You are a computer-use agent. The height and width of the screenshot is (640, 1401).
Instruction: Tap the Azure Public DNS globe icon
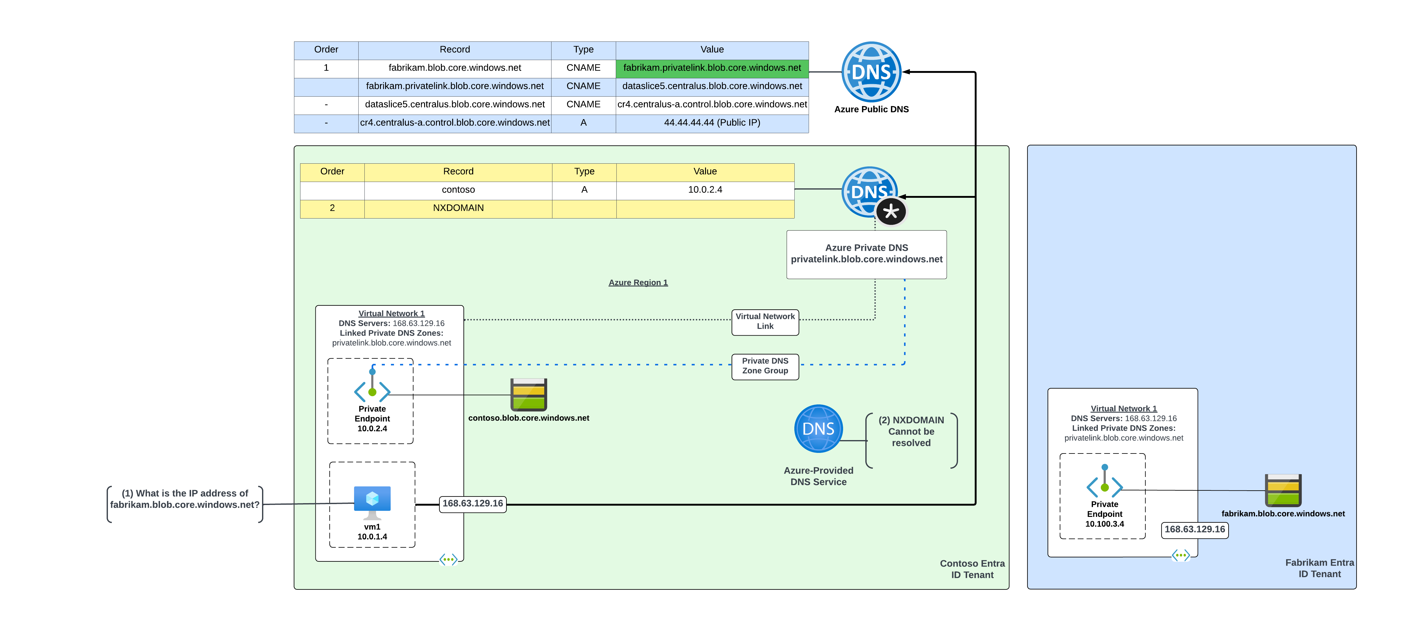(x=871, y=72)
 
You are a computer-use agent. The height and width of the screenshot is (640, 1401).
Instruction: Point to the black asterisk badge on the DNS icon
(x=891, y=212)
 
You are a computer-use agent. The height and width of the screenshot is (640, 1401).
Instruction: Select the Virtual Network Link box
(x=765, y=321)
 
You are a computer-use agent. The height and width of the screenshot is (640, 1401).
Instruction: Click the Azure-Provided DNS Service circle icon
(x=818, y=428)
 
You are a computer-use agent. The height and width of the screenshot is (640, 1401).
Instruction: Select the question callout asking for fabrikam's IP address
(x=185, y=499)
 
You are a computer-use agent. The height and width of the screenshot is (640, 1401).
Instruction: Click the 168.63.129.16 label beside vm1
(x=473, y=503)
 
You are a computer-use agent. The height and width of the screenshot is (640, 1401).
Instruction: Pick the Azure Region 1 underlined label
(x=638, y=283)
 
